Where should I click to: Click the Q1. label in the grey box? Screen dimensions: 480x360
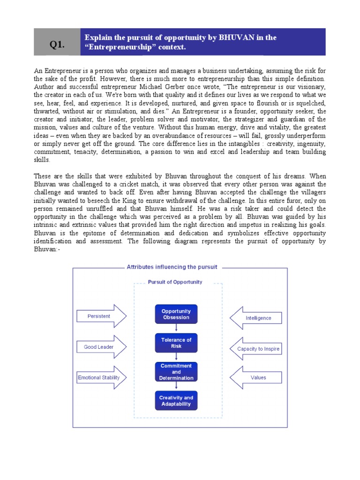pos(57,45)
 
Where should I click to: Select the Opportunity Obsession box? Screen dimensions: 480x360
pos(176,314)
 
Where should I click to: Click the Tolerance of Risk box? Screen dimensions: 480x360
pos(176,343)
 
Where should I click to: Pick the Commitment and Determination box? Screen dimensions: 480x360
pos(176,372)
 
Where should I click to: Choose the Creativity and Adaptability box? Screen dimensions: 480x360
pos(176,400)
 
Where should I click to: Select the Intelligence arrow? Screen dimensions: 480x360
pos(256,318)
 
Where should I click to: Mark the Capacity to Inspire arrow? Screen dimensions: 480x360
pos(256,349)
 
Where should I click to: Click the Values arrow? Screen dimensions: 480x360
pos(256,377)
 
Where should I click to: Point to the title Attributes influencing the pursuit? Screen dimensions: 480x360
pos(172,267)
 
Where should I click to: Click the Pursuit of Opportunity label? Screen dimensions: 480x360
pos(175,282)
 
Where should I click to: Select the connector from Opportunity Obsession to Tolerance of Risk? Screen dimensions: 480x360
pos(176,328)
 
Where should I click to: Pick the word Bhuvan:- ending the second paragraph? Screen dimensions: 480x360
pos(47,249)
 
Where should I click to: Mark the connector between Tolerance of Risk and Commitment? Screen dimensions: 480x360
pos(176,357)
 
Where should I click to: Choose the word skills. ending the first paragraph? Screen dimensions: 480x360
pos(41,160)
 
